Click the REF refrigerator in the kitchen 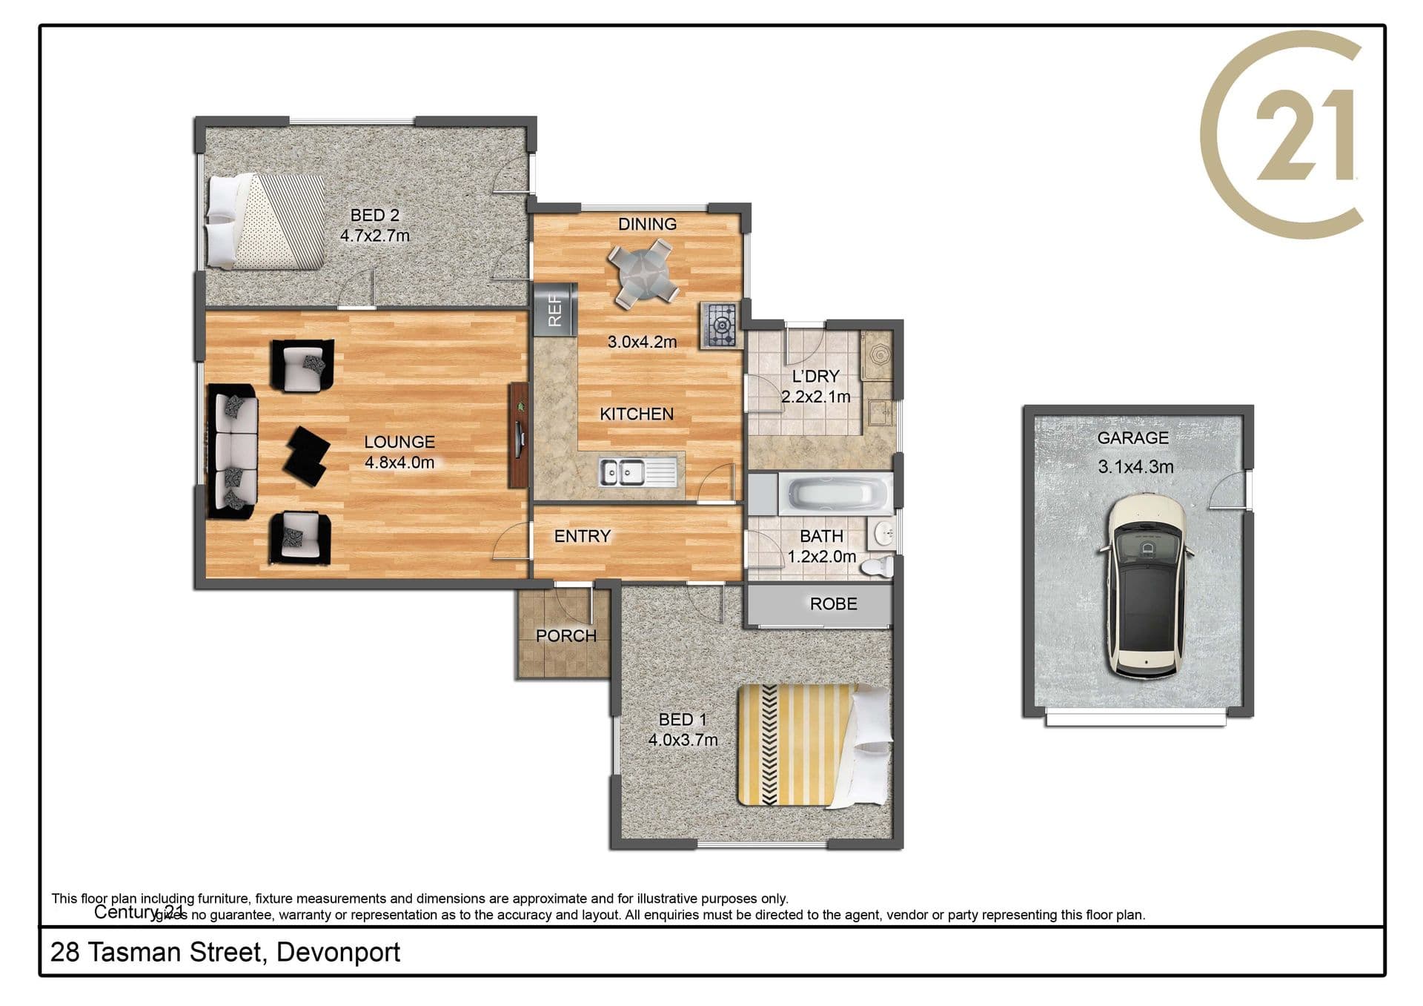click(x=554, y=309)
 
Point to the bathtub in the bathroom click(x=835, y=494)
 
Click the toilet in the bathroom click(x=878, y=567)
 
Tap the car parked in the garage click(x=1145, y=585)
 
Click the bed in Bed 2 click(x=265, y=221)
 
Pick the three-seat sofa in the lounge click(x=233, y=450)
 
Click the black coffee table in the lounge click(x=307, y=456)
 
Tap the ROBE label click(x=833, y=604)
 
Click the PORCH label click(x=566, y=636)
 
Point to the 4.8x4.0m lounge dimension click(x=399, y=463)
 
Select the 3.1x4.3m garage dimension click(x=1135, y=467)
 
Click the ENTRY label click(x=583, y=536)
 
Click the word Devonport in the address click(x=338, y=953)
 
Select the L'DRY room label click(x=815, y=377)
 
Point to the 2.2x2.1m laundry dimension click(x=815, y=397)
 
